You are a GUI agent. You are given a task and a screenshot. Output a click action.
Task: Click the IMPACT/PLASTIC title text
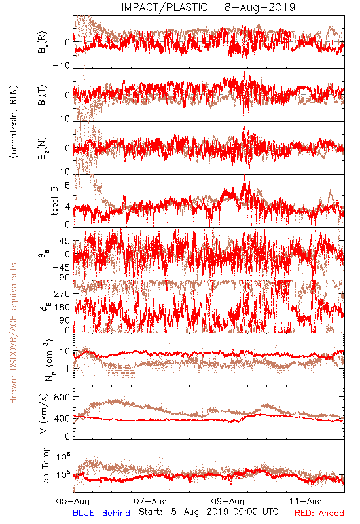tap(164, 7)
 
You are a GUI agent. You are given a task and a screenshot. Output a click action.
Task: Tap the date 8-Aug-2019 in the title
tap(260, 7)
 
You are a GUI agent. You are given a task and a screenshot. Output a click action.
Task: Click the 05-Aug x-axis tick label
tap(73, 501)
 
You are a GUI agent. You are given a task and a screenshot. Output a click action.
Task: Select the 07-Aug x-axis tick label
tap(151, 501)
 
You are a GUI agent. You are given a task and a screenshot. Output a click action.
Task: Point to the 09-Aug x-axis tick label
tap(228, 501)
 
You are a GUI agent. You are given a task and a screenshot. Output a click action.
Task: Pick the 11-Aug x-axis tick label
tap(306, 501)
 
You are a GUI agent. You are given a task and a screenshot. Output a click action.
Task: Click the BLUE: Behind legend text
tap(101, 513)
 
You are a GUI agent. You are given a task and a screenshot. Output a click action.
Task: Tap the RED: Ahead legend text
tap(319, 513)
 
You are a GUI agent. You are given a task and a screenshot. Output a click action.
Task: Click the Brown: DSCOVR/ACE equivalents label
tap(13, 333)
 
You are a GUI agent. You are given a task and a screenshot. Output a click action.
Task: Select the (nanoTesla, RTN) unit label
tap(14, 122)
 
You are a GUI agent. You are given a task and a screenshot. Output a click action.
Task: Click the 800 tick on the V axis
tap(62, 397)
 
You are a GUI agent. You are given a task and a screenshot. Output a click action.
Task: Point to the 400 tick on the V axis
tap(62, 419)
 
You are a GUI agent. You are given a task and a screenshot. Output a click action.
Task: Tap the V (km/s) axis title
tap(45, 414)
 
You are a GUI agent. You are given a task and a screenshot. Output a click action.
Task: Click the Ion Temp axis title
tap(45, 466)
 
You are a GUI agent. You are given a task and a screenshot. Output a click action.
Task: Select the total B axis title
tap(54, 200)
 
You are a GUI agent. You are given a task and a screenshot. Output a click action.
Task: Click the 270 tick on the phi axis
tap(62, 293)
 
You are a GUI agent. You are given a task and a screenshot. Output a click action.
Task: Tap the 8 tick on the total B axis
tap(67, 185)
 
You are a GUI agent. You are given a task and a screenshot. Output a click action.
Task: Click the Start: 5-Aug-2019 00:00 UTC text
tap(209, 512)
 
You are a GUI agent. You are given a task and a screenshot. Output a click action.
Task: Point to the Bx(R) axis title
tap(42, 43)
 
